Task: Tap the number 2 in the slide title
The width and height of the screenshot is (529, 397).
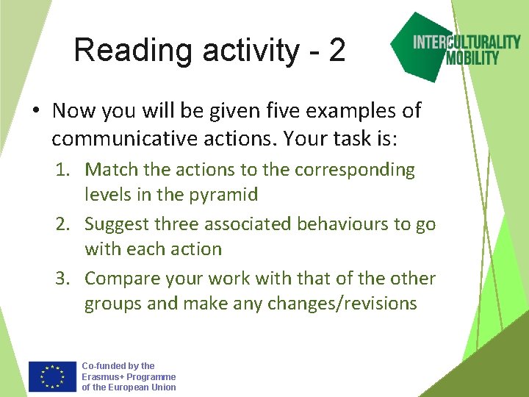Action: pyautogui.click(x=337, y=51)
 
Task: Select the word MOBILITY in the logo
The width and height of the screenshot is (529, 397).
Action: pyautogui.click(x=472, y=57)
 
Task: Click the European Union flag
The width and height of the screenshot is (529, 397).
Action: pyautogui.click(x=52, y=376)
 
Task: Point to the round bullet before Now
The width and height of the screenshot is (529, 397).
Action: pyautogui.click(x=35, y=112)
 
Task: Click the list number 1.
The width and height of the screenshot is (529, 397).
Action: pyautogui.click(x=62, y=170)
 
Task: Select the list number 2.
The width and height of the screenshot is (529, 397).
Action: pyautogui.click(x=62, y=224)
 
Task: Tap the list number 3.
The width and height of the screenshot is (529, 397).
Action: pyautogui.click(x=62, y=279)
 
